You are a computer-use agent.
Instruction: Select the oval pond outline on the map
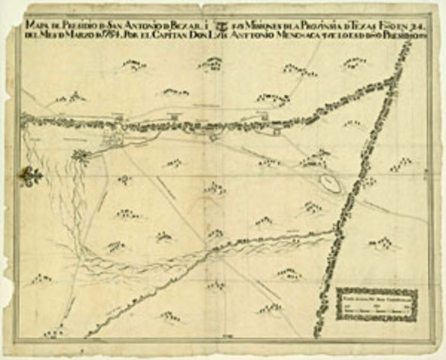point(328,181)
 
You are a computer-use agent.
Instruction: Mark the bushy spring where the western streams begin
point(81,157)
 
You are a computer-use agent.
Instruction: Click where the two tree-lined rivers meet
point(333,232)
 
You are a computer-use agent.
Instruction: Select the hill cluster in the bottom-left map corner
point(52,333)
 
